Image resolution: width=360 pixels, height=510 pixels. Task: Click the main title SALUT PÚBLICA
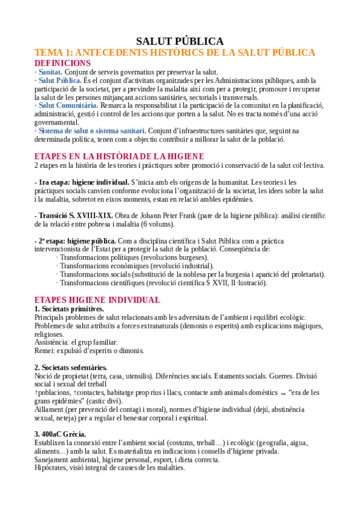pyautogui.click(x=180, y=41)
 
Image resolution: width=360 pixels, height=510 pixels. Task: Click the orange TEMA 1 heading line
pyautogui.click(x=174, y=53)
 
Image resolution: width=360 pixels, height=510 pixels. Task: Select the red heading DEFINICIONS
pyautogui.click(x=63, y=63)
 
